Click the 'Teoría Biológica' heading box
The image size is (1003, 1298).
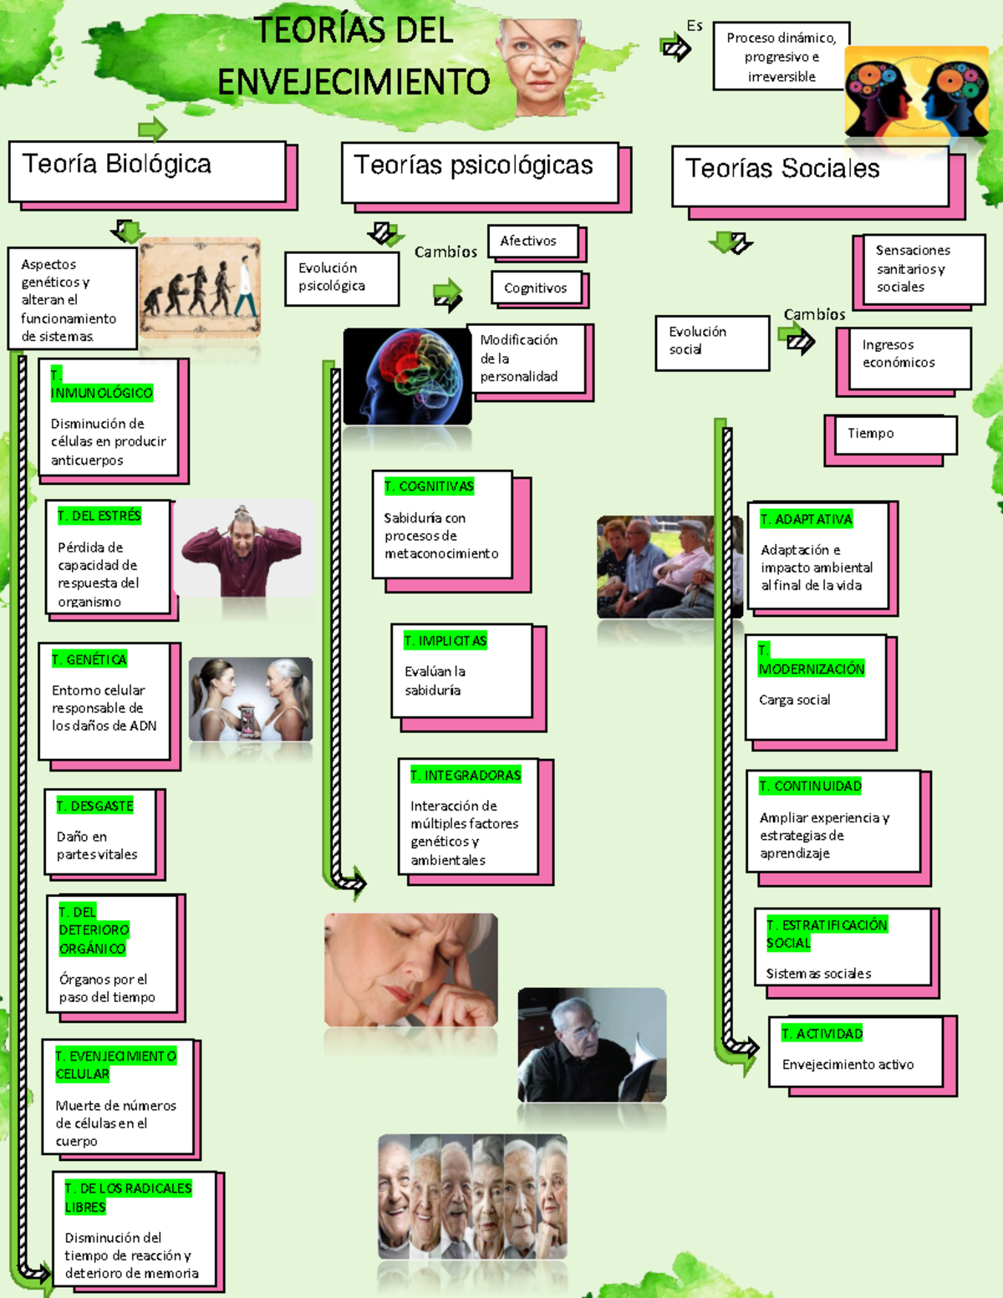pos(147,171)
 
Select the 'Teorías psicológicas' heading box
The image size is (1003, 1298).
pos(480,172)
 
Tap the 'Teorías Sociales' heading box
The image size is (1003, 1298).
pos(810,176)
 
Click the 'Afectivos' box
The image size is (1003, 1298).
pos(532,242)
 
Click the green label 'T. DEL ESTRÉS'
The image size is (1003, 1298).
pos(99,516)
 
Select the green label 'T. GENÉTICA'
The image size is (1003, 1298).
pos(89,659)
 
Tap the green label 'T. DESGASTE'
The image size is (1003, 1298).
pos(95,806)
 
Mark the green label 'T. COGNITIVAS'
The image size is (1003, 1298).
pos(429,486)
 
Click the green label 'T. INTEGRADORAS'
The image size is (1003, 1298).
pos(466,776)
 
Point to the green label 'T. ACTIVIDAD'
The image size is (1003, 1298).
pos(822,1034)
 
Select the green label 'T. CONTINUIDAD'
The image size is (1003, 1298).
pos(810,786)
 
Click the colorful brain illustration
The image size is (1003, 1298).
pos(407,376)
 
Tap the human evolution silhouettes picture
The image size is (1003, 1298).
pos(200,288)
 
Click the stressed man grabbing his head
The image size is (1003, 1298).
pos(242,549)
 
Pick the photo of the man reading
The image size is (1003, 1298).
pos(592,1045)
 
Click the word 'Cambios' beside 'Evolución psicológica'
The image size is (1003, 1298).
pos(445,252)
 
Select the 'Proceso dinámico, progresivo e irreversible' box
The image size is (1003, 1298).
pos(781,57)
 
